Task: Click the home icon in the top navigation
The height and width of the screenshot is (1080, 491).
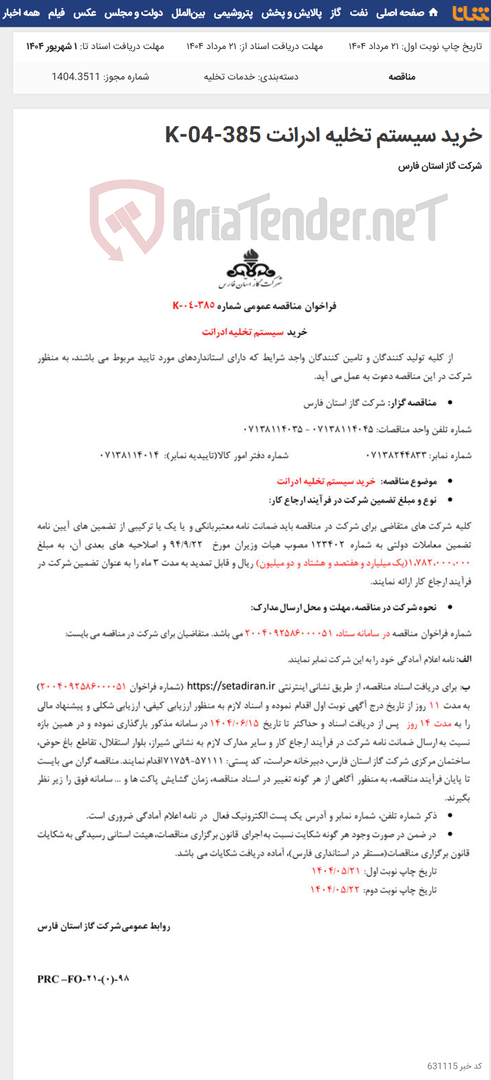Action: tap(434, 13)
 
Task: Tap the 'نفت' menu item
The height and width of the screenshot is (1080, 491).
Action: tap(359, 13)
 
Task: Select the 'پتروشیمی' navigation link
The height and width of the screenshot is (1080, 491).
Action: tap(233, 13)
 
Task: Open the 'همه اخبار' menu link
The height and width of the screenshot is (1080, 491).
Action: tap(21, 13)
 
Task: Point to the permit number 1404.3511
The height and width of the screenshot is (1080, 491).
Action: tap(75, 77)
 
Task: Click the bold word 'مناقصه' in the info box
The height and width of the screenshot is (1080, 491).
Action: tap(402, 77)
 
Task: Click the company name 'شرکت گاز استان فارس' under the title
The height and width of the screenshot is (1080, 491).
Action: tap(440, 166)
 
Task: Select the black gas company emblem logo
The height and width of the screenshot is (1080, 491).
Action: tap(251, 268)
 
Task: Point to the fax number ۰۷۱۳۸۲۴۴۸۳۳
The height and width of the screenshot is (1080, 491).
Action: tap(397, 455)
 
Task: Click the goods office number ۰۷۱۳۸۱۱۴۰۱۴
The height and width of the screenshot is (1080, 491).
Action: tap(130, 455)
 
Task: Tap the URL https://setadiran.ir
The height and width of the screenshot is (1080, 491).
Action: tap(231, 687)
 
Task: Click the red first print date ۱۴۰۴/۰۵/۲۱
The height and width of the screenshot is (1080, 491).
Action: tap(336, 871)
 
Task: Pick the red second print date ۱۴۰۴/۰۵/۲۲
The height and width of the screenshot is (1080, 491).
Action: tap(335, 889)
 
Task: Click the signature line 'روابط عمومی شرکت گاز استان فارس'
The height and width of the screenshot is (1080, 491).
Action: tap(104, 926)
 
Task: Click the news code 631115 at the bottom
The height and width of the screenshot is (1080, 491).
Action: tap(443, 1066)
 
